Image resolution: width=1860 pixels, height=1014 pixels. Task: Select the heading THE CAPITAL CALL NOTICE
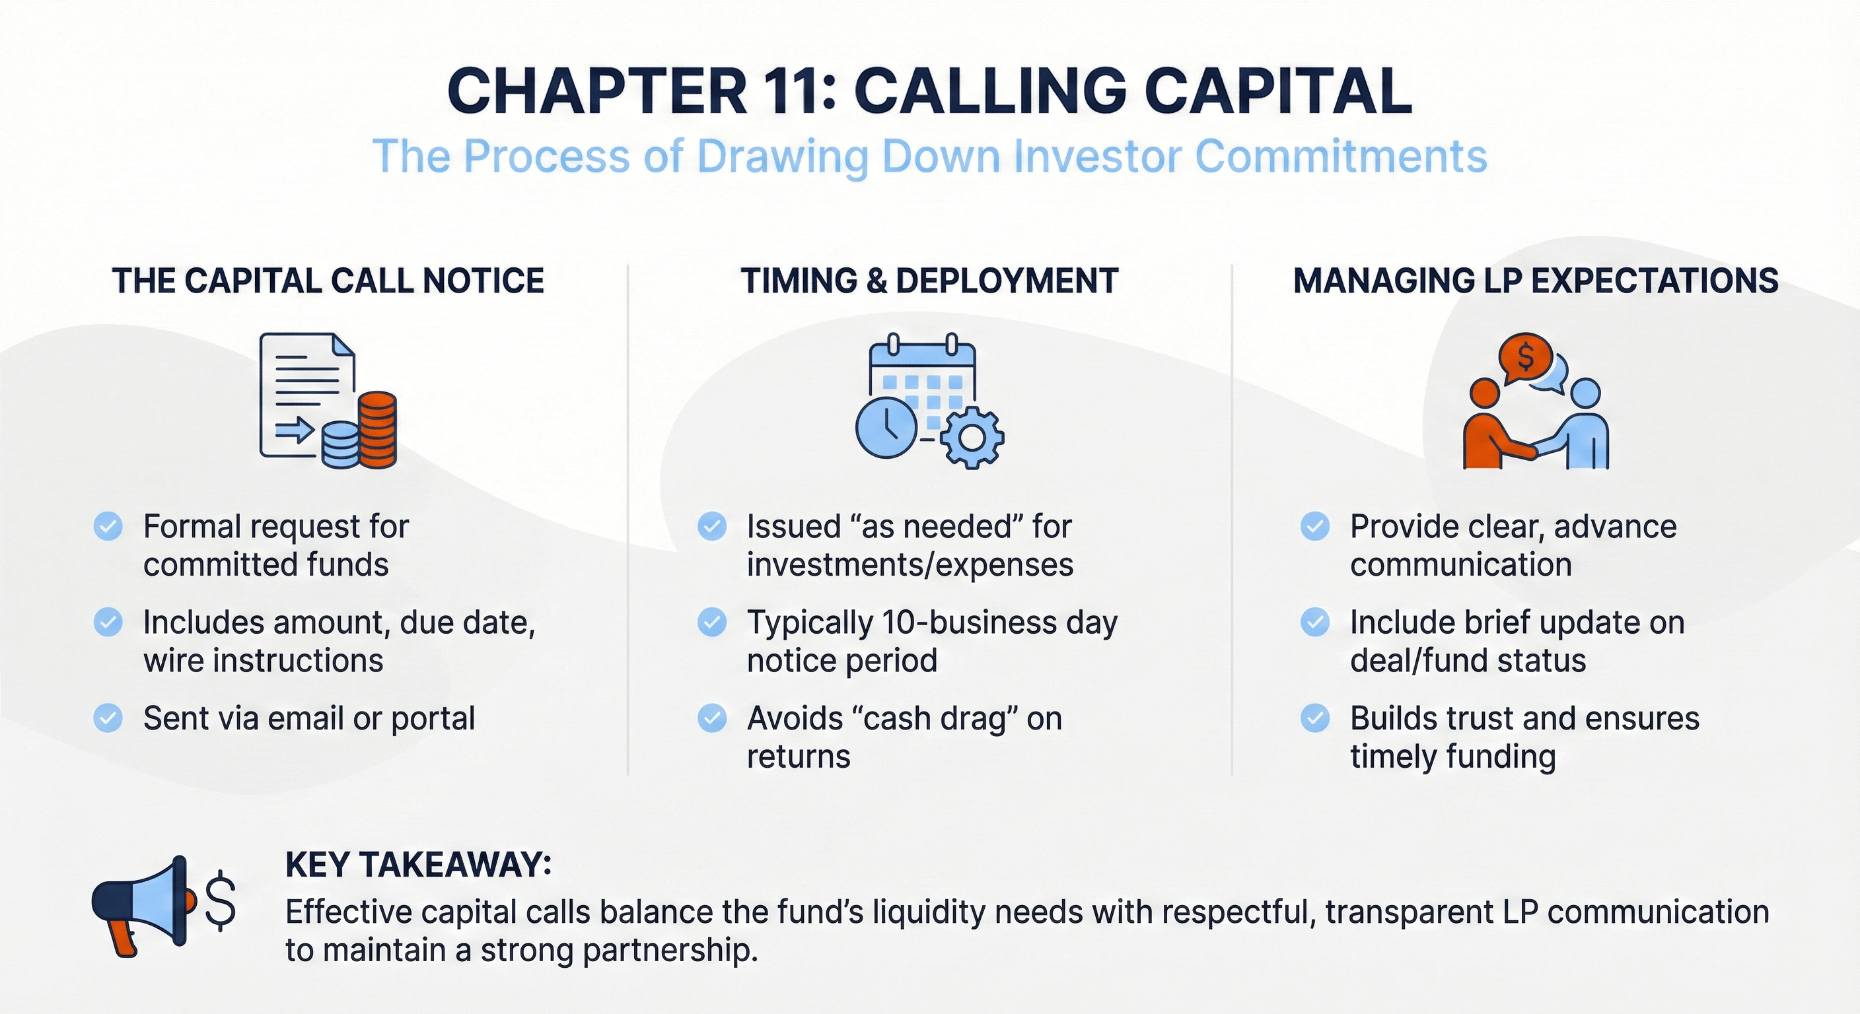tap(328, 281)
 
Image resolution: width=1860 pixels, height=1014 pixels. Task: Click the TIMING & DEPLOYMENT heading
tap(929, 281)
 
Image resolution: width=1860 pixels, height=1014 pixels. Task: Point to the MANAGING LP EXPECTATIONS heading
tap(1535, 281)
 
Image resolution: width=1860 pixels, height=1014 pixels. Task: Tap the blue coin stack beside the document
tap(340, 446)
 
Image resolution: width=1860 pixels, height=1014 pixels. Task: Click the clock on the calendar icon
tap(886, 426)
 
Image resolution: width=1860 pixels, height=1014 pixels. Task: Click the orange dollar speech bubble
tap(1525, 356)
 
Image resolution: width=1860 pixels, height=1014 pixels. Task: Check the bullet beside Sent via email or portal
tap(108, 718)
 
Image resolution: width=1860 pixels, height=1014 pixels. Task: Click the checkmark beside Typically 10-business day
tap(712, 622)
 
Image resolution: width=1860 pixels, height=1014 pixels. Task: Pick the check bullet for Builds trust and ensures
tap(1315, 718)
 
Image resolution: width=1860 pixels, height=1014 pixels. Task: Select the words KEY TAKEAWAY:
tap(419, 865)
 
